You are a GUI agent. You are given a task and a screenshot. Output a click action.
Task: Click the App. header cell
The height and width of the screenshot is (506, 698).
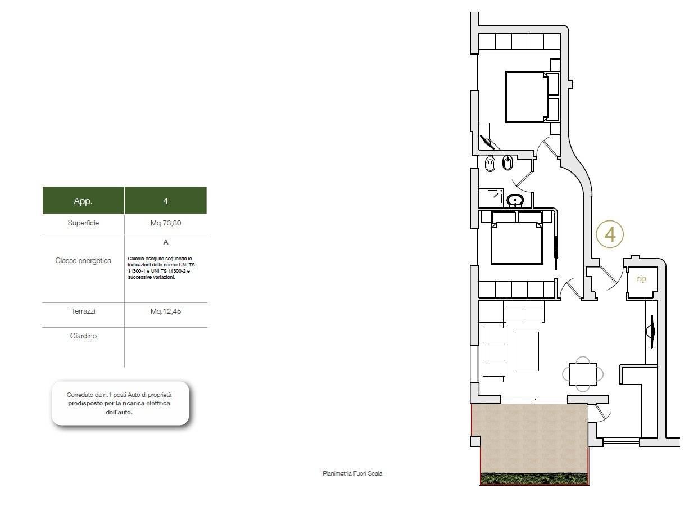coord(83,201)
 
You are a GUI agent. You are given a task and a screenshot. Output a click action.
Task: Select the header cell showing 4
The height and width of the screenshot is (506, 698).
coord(166,201)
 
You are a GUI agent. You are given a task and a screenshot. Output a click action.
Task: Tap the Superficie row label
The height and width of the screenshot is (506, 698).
coord(83,223)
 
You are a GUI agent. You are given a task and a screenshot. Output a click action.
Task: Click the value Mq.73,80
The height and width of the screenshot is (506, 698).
coord(166,223)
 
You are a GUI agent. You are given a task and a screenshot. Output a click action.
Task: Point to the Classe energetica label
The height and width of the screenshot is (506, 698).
coord(83,261)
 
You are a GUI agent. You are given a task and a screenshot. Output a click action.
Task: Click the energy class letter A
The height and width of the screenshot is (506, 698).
coord(166,242)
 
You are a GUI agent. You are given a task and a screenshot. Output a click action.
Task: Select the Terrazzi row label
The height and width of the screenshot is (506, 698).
coord(83,311)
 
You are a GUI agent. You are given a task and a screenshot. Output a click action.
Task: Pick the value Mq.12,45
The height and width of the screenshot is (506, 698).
coord(166,311)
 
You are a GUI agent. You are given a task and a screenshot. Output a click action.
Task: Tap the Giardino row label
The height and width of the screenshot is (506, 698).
coord(83,336)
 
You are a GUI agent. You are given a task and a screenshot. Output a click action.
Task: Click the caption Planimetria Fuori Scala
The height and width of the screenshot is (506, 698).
coord(352,473)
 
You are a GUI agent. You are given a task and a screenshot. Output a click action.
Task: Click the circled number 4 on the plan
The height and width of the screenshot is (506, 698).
coord(610,234)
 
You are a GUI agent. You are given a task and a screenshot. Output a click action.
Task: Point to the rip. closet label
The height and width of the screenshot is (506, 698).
coord(642,278)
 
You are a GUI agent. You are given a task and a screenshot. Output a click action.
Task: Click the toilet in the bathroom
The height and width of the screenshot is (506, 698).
coord(490,164)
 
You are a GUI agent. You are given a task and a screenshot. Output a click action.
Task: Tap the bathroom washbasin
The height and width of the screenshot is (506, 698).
coord(515,201)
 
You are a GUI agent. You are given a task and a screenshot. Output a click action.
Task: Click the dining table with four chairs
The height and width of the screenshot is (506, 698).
coord(583,374)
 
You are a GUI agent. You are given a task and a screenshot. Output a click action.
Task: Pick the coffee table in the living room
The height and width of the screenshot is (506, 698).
coord(527,351)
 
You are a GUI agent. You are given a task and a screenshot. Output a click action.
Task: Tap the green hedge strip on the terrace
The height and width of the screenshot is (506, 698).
coord(534,478)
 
